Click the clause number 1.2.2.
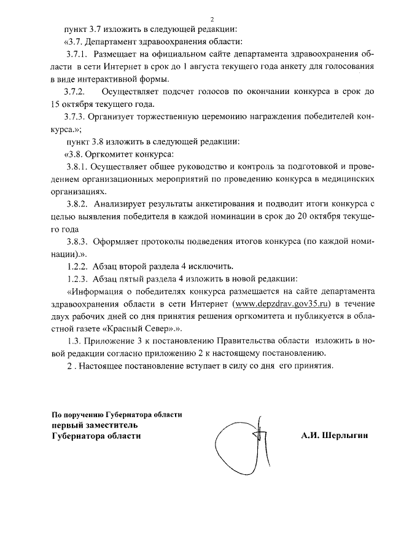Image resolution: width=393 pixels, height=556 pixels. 78,266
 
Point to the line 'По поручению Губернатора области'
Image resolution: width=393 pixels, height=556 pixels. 117,414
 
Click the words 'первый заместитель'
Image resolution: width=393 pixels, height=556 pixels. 95,425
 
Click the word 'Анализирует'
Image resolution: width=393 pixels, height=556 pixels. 120,203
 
